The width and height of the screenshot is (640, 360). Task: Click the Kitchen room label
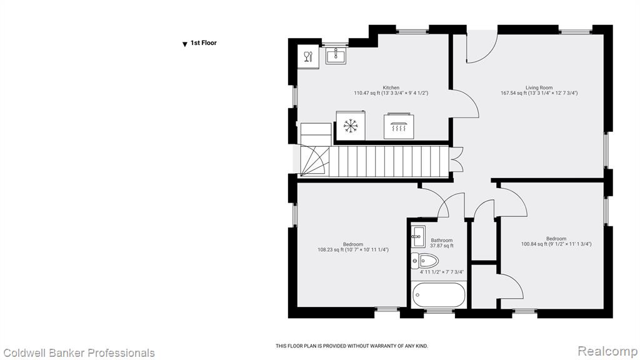[x=391, y=87]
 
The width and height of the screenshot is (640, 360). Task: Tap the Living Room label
[x=539, y=87]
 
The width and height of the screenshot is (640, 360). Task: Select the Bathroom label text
[x=442, y=241]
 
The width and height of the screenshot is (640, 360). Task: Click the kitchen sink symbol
[x=336, y=56]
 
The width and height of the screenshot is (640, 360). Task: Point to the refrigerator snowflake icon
[x=351, y=126]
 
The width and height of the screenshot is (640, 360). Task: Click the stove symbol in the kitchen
[x=399, y=126]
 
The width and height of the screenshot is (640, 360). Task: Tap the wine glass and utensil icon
[x=308, y=56]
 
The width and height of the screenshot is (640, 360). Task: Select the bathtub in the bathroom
[x=438, y=295]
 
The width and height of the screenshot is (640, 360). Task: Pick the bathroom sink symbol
[x=417, y=236]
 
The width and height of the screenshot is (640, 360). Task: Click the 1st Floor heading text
[x=204, y=43]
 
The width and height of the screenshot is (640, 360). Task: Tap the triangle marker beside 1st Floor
[x=185, y=44]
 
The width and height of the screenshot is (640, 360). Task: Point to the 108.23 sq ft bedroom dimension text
[x=353, y=250]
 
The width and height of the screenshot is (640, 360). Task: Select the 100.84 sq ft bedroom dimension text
[x=556, y=244]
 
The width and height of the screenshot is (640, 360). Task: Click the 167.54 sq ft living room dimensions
[x=539, y=93]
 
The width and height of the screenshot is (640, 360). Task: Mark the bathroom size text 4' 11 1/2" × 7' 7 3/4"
[x=442, y=272]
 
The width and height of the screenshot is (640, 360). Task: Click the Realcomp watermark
[x=607, y=351]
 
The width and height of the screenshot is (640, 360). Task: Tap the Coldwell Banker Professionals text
[x=79, y=353]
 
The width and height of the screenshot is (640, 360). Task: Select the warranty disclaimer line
[x=352, y=346]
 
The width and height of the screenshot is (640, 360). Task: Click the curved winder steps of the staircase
[x=314, y=162]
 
